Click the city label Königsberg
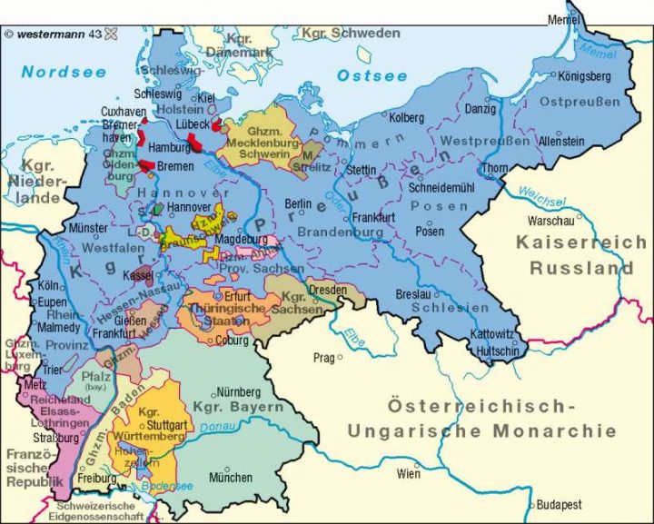point(585,76)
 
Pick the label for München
point(231,477)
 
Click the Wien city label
point(409,473)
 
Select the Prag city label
point(324,357)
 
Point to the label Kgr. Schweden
point(353,34)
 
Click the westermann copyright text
point(54,35)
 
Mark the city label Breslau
point(413,295)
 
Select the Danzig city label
point(481,109)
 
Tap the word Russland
point(570,269)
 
